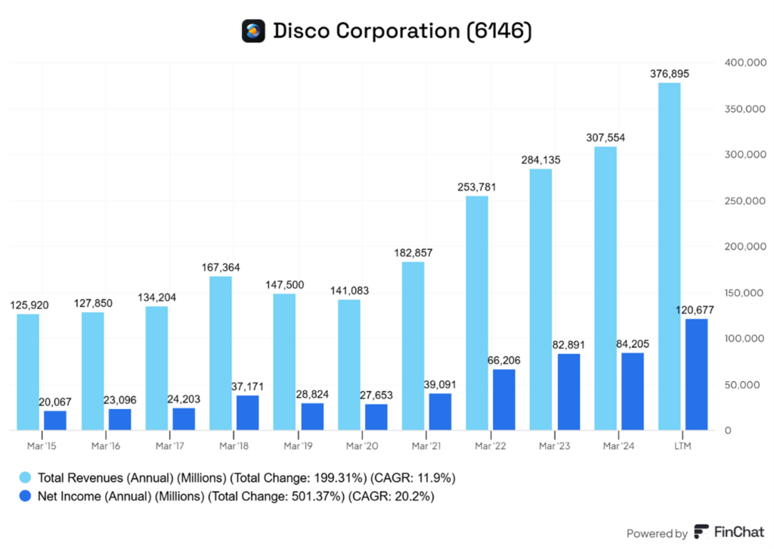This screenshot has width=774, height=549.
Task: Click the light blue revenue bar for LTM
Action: pyautogui.click(x=670, y=257)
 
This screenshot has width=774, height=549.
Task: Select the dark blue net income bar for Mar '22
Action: pyautogui.click(x=504, y=400)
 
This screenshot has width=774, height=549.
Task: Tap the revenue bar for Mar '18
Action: pyautogui.click(x=221, y=353)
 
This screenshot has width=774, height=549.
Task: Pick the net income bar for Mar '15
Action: pyautogui.click(x=55, y=420)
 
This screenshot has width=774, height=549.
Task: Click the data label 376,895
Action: pyautogui.click(x=670, y=73)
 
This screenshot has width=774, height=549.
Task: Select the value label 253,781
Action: pyautogui.click(x=477, y=187)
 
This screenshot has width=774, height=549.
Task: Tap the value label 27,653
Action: pyautogui.click(x=376, y=395)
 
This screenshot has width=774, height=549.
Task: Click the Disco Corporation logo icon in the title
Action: pyautogui.click(x=253, y=31)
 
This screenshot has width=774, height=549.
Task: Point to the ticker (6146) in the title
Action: pyautogui.click(x=500, y=31)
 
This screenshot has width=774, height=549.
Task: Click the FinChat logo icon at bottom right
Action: pyautogui.click(x=701, y=532)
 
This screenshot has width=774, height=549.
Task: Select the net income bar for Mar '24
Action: pyautogui.click(x=633, y=392)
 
